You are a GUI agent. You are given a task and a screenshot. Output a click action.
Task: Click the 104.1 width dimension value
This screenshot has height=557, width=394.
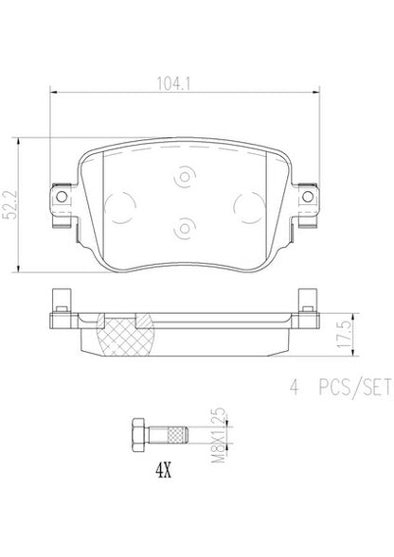click(x=174, y=84)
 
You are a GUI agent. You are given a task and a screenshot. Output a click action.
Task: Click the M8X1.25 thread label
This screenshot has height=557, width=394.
click(x=219, y=435)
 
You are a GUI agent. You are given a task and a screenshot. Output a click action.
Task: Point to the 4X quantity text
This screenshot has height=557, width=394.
click(x=163, y=471)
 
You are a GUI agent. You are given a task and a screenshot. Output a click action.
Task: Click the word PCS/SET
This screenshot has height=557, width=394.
click(x=355, y=388)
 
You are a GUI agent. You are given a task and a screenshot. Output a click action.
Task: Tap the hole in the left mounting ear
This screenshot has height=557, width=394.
click(x=62, y=197)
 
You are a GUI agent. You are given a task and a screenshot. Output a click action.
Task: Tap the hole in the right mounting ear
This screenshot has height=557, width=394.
click(x=308, y=197)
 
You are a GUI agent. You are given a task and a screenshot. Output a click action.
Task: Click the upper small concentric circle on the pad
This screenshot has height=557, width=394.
click(x=185, y=177)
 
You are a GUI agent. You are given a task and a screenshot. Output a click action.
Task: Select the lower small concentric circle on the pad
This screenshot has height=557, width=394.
click(x=185, y=228)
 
